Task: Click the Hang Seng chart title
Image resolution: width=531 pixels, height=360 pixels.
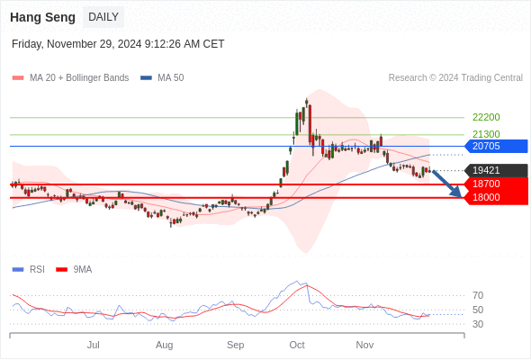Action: click(x=42, y=17)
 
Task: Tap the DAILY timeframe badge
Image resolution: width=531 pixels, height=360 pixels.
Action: click(x=103, y=17)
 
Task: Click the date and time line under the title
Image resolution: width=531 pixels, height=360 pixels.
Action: click(x=118, y=44)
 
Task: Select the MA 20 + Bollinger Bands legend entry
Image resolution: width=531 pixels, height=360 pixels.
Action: click(x=70, y=78)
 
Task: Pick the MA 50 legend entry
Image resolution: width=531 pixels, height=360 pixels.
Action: click(x=162, y=78)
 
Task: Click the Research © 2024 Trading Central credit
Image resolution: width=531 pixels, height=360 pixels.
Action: click(x=455, y=78)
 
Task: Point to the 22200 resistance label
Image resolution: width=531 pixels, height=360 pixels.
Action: click(x=486, y=117)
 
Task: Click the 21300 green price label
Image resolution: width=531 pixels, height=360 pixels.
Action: click(x=486, y=134)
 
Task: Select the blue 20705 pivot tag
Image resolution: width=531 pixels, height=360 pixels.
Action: click(x=496, y=147)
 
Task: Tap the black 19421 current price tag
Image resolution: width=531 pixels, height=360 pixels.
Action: click(x=496, y=170)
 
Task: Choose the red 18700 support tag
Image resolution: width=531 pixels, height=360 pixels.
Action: click(x=496, y=184)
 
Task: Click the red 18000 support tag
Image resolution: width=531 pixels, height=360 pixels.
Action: click(x=496, y=198)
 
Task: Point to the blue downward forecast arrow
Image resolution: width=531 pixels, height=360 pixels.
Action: click(x=447, y=184)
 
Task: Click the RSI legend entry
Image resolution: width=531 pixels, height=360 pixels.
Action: click(x=28, y=270)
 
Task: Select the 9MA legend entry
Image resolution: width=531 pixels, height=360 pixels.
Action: click(x=74, y=270)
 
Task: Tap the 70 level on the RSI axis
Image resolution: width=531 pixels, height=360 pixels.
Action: click(x=478, y=296)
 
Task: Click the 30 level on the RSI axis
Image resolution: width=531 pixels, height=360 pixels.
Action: click(x=478, y=324)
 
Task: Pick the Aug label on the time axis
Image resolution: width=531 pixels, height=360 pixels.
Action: click(x=164, y=345)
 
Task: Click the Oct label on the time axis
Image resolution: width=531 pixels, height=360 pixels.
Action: click(x=297, y=345)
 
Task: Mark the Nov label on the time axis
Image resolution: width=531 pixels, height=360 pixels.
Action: click(x=364, y=345)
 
